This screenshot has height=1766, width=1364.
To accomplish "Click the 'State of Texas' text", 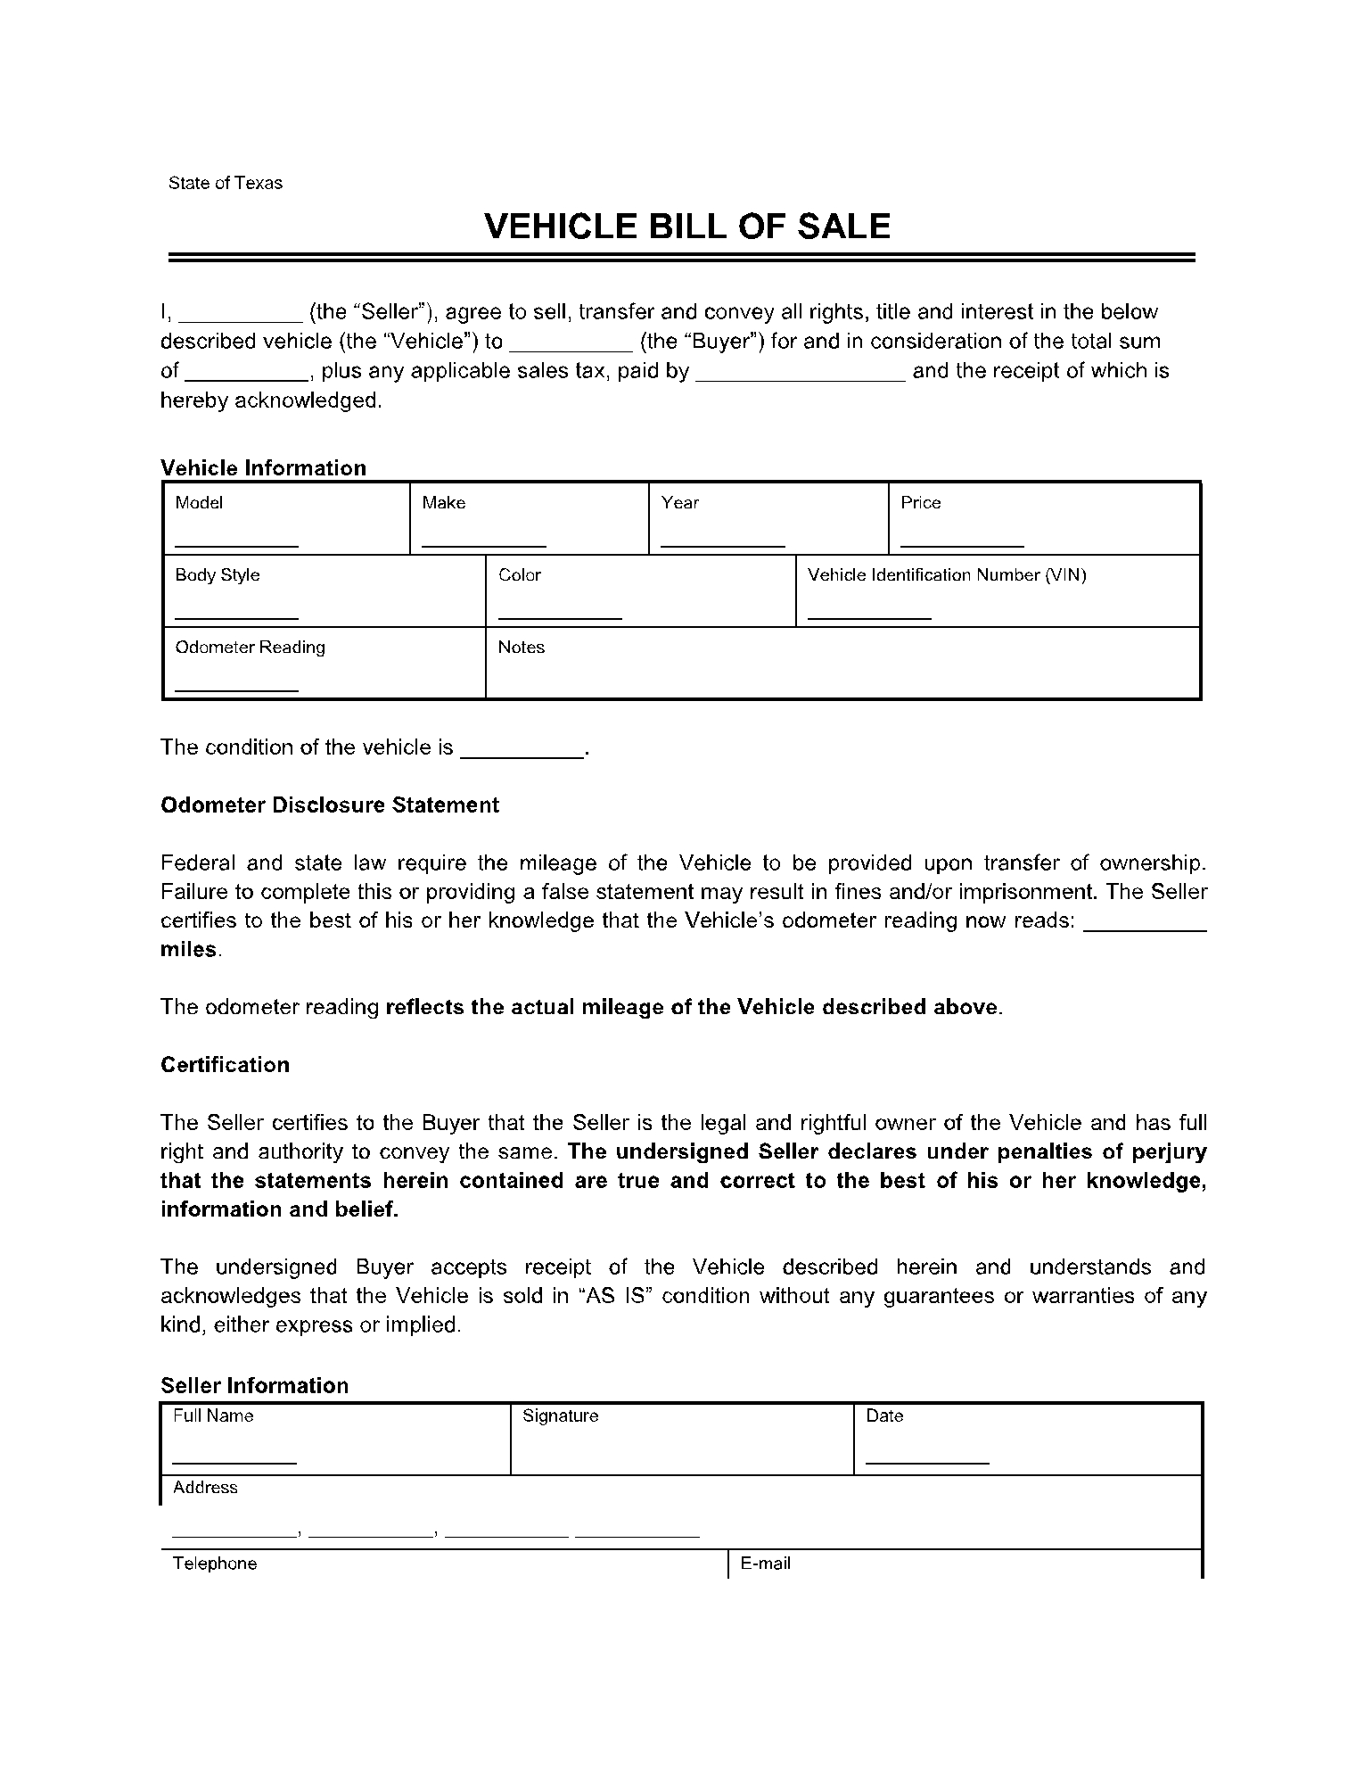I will click(225, 183).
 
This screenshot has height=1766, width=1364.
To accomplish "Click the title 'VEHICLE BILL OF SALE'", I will click(686, 227).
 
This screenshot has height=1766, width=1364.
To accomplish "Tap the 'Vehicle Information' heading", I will click(263, 467).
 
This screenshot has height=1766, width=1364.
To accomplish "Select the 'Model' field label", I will click(199, 503).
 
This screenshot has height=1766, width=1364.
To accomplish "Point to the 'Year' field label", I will click(680, 503).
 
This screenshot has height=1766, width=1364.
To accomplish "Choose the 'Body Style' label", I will click(218, 575).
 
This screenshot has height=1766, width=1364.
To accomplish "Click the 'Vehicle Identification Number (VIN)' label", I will click(947, 575).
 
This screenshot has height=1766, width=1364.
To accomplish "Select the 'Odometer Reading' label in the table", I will click(250, 648).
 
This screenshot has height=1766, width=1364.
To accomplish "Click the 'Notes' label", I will click(522, 648).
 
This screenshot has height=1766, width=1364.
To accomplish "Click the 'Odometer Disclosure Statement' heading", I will click(330, 805).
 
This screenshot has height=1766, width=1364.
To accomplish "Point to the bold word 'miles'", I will click(189, 950).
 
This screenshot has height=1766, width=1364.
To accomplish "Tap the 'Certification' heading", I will click(225, 1065).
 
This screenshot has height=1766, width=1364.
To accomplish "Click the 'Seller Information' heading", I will click(254, 1385).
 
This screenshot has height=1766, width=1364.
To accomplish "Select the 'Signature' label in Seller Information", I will click(560, 1416).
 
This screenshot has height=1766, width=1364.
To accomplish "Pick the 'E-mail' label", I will click(766, 1564).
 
